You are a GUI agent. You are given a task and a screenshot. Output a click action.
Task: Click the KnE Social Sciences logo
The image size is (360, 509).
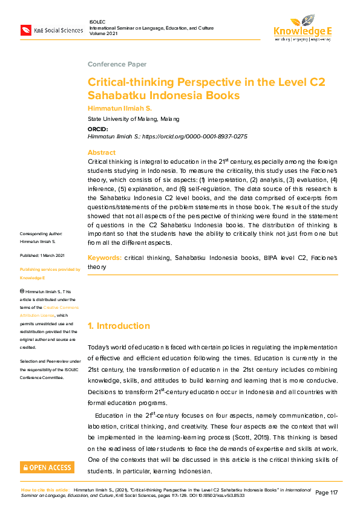pyautogui.click(x=51, y=30)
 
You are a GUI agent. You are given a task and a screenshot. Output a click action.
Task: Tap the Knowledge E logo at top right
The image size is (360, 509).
pyautogui.click(x=303, y=27)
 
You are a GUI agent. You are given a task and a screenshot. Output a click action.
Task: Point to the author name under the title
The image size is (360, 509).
pyautogui.click(x=120, y=108)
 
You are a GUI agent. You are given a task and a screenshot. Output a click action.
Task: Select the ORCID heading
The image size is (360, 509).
pyautogui.click(x=97, y=129)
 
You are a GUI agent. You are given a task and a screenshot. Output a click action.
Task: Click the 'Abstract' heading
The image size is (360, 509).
pyautogui.click(x=101, y=152)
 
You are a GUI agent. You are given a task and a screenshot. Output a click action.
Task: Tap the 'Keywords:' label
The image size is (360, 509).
pyautogui.click(x=104, y=258)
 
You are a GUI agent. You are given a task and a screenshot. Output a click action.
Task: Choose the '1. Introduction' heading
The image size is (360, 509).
pyautogui.click(x=119, y=326)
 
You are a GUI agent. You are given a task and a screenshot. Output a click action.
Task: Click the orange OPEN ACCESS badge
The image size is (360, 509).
pyautogui.click(x=47, y=467)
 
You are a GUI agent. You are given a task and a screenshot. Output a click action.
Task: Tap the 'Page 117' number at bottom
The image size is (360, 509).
pyautogui.click(x=326, y=493)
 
